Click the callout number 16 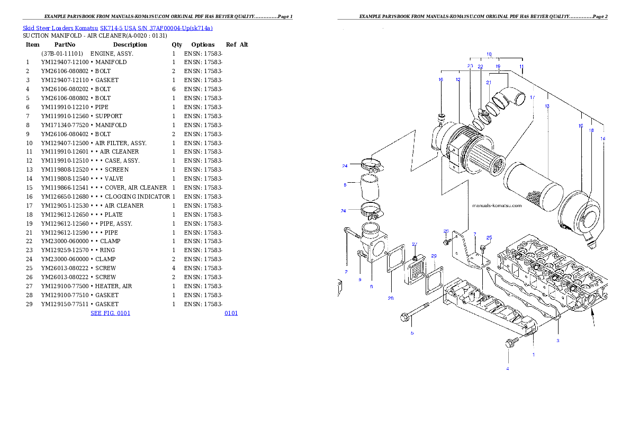(440, 79)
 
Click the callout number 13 (547, 106)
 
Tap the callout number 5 (412, 333)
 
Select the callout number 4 (507, 369)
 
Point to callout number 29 (434, 256)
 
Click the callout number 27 (415, 244)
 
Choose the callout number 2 (346, 272)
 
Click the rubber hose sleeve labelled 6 (371, 188)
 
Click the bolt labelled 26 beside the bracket (447, 241)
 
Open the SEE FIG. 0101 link (110, 313)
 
